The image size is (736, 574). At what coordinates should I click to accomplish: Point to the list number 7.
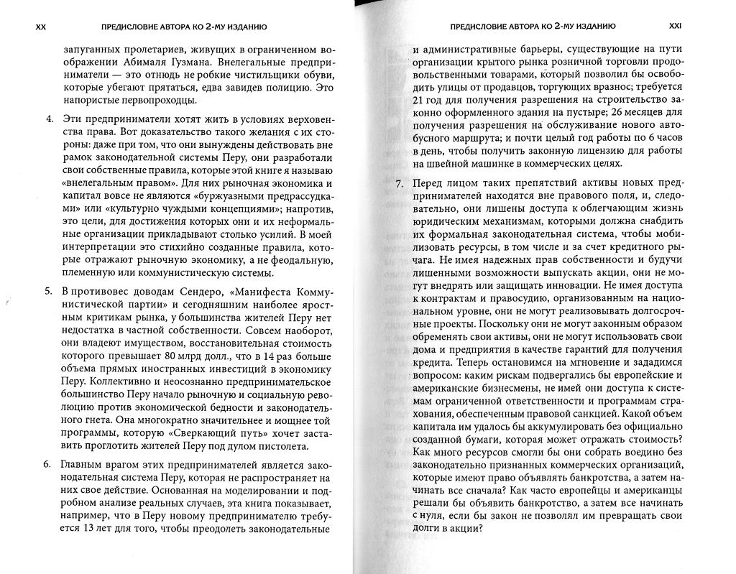[x=400, y=184]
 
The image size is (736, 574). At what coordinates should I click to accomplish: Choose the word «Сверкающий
[x=162, y=428]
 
